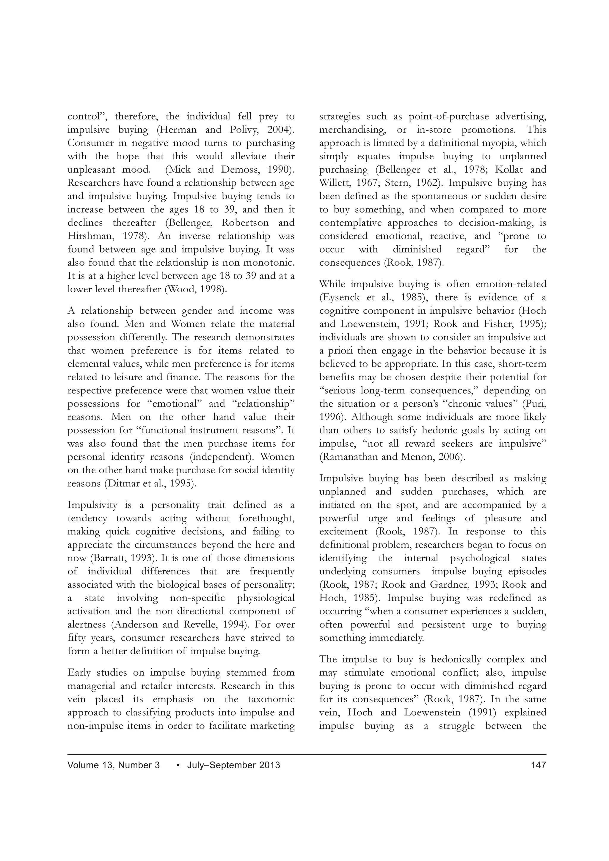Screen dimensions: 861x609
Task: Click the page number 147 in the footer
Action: [538, 765]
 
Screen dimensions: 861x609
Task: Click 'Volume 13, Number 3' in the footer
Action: [113, 765]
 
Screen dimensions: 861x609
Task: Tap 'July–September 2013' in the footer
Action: [233, 765]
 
